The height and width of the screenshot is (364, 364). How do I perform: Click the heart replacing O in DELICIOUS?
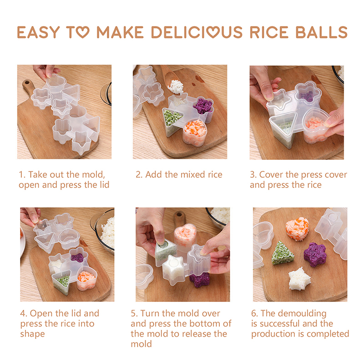pyautogui.click(x=213, y=32)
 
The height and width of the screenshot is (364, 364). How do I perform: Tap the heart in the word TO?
pyautogui.click(x=83, y=32)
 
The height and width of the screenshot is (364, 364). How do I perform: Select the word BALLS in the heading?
pyautogui.click(x=322, y=32)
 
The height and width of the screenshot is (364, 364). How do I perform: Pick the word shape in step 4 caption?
pyautogui.click(x=32, y=334)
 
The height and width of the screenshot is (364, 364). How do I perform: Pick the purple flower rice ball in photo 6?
pyautogui.click(x=315, y=254)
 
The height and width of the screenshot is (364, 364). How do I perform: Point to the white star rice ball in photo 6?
pyautogui.click(x=299, y=278)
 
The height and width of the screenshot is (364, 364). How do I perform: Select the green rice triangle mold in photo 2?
pyautogui.click(x=172, y=122)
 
